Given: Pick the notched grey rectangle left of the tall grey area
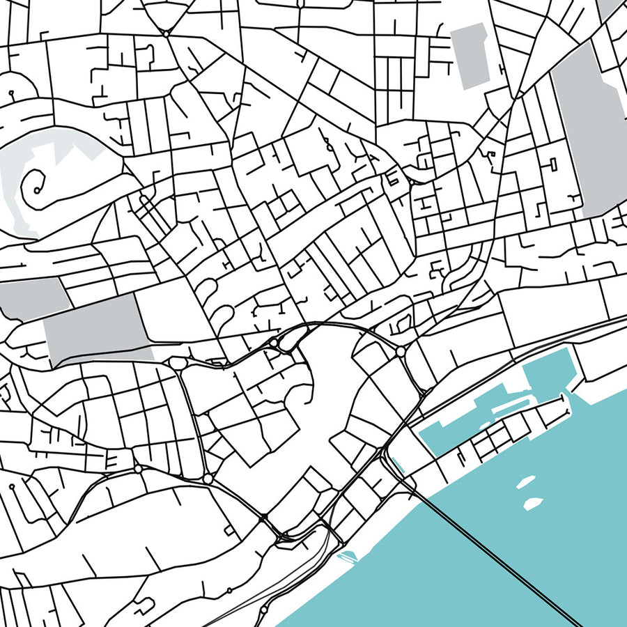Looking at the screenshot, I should coord(472,56).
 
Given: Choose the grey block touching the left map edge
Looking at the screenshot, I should coord(31,298).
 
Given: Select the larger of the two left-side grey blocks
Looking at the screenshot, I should coord(98,331).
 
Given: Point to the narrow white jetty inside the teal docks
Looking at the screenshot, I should coord(509,404).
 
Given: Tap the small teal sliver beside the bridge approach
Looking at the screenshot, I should coord(398,463).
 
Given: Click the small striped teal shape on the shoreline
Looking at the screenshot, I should coord(346,556).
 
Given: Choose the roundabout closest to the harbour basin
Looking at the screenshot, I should coord(401,353).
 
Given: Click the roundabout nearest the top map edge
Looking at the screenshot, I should coord(167,33).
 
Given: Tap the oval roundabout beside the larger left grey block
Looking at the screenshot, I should coord(177,364).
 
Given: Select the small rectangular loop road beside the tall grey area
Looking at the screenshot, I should coord(554,164).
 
